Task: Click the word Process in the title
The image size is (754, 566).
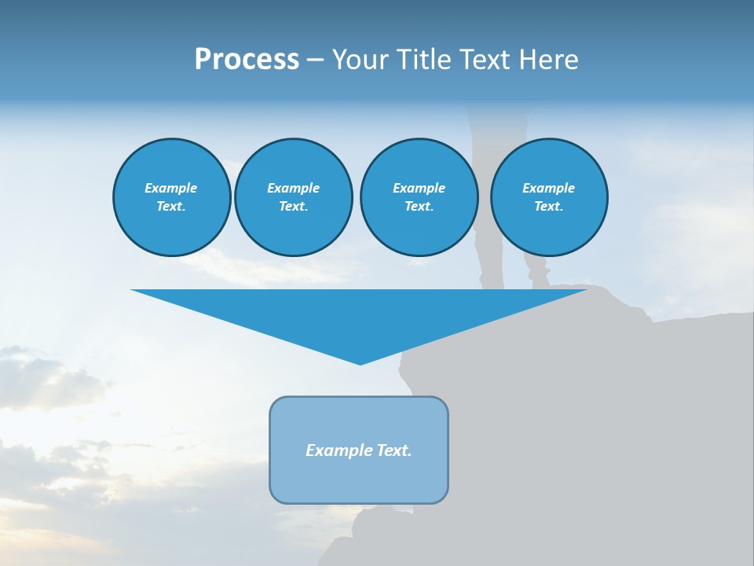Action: pos(247,60)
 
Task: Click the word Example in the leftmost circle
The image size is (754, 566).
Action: pos(171,188)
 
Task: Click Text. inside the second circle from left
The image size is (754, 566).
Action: pos(293,207)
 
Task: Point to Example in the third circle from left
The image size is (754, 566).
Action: pos(419,188)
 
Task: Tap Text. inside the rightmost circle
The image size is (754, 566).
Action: pos(548,207)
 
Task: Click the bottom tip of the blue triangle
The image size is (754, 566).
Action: pos(360,362)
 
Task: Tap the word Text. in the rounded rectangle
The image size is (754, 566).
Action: pos(395,450)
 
